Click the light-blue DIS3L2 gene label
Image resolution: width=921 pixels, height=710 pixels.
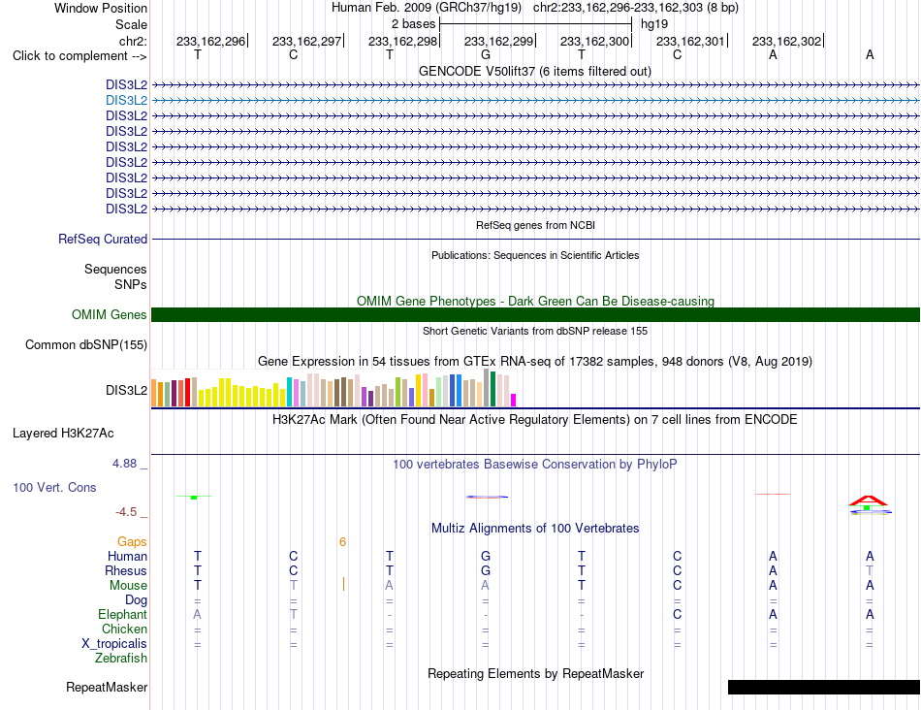click(x=126, y=101)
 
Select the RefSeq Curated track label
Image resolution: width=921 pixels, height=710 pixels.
click(x=103, y=240)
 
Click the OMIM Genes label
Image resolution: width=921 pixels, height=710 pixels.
click(x=110, y=314)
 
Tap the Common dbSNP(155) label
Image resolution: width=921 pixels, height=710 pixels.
click(x=86, y=345)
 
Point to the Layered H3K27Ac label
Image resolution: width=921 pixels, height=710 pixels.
click(x=63, y=434)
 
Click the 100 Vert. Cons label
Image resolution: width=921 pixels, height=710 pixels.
click(x=54, y=487)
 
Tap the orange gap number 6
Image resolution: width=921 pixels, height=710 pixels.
click(x=342, y=542)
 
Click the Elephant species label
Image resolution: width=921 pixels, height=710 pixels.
click(x=122, y=614)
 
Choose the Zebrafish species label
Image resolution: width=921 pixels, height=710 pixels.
click(x=121, y=659)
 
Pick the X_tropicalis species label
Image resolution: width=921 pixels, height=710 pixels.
click(x=114, y=644)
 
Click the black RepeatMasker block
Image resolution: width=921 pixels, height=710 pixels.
click(x=823, y=687)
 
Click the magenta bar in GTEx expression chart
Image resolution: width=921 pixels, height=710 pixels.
click(x=514, y=401)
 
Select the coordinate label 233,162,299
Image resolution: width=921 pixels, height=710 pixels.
click(x=498, y=41)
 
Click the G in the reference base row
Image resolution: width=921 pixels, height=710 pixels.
click(x=485, y=55)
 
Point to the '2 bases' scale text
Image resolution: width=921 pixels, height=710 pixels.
click(x=414, y=24)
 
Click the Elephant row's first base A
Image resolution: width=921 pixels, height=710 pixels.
click(x=198, y=614)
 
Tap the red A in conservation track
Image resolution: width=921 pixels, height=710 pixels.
click(x=868, y=500)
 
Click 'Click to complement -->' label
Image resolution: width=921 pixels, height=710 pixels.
click(x=79, y=56)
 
